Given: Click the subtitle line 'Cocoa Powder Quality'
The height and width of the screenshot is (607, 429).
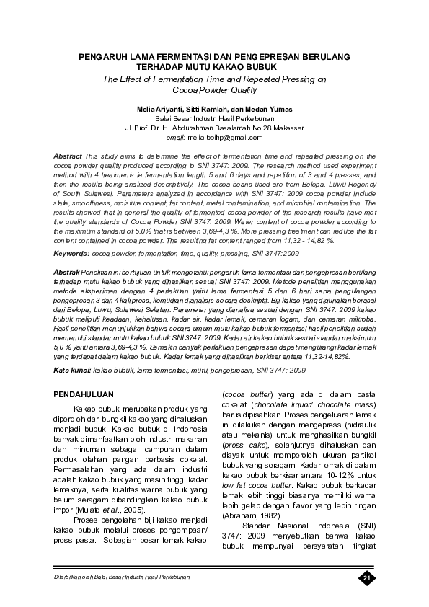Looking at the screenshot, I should pos(213,90).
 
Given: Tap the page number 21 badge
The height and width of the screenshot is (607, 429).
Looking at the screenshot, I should pos(366,578).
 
